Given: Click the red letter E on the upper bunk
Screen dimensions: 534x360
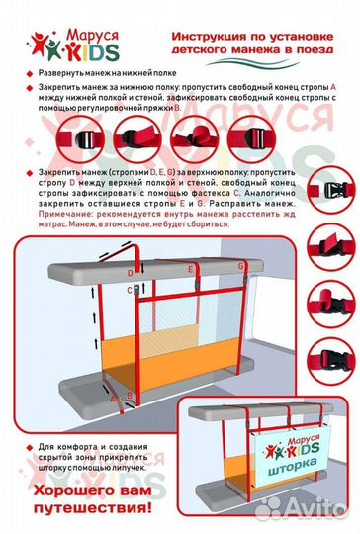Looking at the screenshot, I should [x=190, y=269].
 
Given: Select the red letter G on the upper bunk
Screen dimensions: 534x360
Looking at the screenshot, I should [x=242, y=267].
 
